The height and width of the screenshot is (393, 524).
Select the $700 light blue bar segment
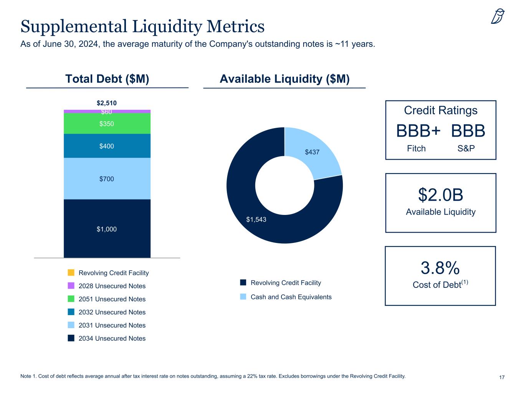tap(107, 178)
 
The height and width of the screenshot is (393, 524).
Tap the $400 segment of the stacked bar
tap(107, 146)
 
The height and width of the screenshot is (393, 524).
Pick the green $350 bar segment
tap(107, 124)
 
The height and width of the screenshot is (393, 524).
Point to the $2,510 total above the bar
tap(107, 103)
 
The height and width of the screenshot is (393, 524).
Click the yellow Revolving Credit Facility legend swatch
tap(71, 272)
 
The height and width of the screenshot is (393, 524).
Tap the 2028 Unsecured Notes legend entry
tap(112, 286)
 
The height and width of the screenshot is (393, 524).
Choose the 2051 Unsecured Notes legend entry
tap(112, 299)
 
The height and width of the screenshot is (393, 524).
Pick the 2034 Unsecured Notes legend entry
tap(112, 338)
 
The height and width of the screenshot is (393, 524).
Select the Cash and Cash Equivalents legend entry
tap(291, 297)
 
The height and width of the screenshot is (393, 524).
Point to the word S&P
tap(466, 149)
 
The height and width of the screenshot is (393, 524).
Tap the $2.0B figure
tap(440, 195)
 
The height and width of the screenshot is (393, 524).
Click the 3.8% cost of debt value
tap(440, 268)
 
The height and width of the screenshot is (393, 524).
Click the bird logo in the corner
tap(498, 16)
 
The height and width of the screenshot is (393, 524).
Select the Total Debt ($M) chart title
tap(107, 79)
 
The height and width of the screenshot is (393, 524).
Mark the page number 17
tap(502, 378)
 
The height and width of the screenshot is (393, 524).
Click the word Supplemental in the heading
tap(73, 26)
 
